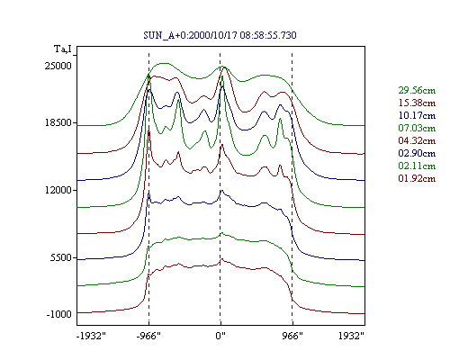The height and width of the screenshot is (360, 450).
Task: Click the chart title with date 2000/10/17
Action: pyautogui.click(x=220, y=35)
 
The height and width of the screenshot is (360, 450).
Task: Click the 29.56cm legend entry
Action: pyautogui.click(x=417, y=90)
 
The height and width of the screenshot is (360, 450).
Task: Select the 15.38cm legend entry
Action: pyautogui.click(x=417, y=103)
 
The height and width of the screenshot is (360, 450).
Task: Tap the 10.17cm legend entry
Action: pyautogui.click(x=417, y=115)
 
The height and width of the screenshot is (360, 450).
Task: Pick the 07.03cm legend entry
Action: pyautogui.click(x=417, y=128)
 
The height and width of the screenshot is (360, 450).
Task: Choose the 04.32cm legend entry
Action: pyautogui.click(x=417, y=140)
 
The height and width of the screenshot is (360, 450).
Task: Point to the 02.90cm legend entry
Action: pyautogui.click(x=417, y=153)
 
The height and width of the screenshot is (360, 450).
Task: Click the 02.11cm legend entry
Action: pyautogui.click(x=417, y=166)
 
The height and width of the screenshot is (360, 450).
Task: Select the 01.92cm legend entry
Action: pyautogui.click(x=417, y=178)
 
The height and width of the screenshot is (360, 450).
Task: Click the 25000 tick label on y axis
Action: pyautogui.click(x=58, y=66)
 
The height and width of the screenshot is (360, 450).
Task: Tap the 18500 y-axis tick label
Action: pyautogui.click(x=58, y=122)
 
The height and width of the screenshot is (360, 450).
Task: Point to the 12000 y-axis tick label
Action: pyautogui.click(x=58, y=190)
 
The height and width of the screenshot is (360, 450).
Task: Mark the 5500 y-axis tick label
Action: pyautogui.click(x=61, y=257)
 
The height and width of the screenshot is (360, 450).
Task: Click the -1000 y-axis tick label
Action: pyautogui.click(x=59, y=314)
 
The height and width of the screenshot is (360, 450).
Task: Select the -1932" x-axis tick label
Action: pyautogui.click(x=91, y=336)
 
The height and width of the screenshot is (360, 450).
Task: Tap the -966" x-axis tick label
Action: pyautogui.click(x=148, y=336)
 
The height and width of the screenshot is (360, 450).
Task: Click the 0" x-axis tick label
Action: pyautogui.click(x=220, y=336)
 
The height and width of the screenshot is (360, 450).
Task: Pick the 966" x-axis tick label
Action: pyautogui.click(x=292, y=336)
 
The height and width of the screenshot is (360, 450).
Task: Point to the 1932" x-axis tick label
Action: pyautogui.click(x=351, y=336)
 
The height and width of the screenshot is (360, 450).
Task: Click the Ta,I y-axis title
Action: pyautogui.click(x=63, y=49)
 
